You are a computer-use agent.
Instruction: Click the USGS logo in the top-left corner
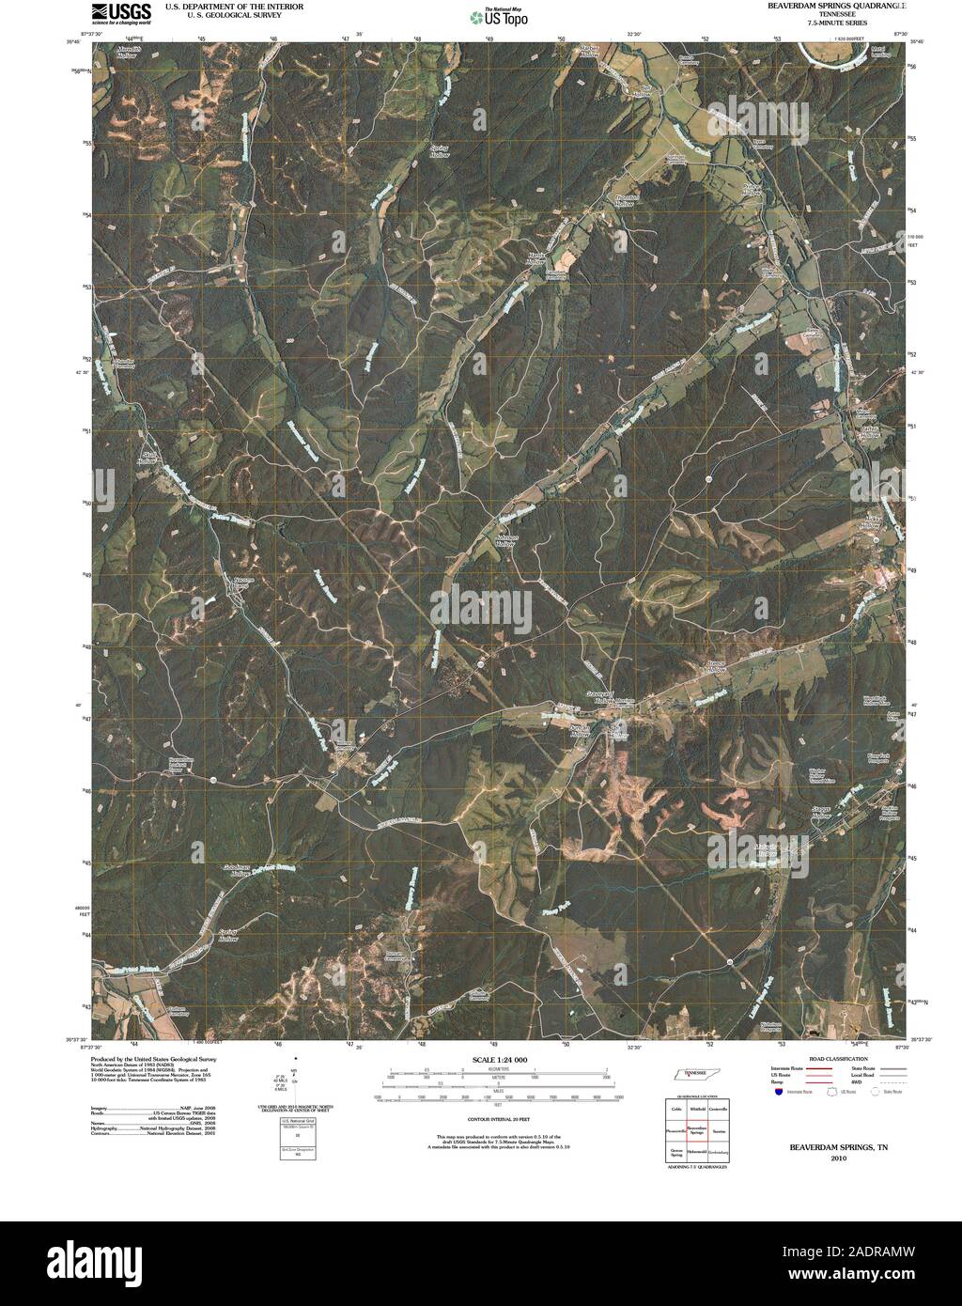coord(121,12)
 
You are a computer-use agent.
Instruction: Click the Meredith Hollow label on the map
coord(123,51)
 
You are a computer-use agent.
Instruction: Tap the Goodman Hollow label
coord(218,869)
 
